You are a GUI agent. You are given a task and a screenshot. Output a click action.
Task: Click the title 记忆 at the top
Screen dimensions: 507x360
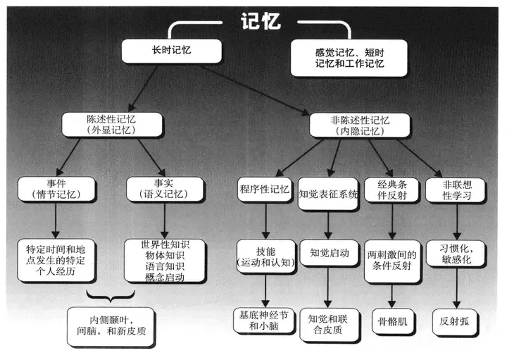[261, 21]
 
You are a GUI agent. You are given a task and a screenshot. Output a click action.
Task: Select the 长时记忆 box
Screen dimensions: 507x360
[172, 51]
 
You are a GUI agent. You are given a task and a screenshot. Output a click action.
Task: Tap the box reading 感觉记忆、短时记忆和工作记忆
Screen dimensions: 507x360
[349, 58]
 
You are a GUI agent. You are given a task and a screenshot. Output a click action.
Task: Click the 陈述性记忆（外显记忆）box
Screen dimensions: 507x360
[112, 125]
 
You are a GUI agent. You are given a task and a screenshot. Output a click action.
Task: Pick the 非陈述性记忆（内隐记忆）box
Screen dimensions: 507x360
[360, 125]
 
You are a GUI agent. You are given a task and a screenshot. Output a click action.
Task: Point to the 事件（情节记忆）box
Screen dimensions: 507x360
[56, 190]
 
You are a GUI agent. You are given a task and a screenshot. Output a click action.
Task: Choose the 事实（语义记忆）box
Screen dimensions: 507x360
[165, 190]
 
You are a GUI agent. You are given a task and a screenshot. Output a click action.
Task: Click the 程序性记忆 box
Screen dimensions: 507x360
[265, 190]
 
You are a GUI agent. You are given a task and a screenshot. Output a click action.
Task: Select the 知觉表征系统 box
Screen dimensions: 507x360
[328, 194]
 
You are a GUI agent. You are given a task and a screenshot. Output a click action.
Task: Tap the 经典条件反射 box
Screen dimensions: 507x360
[392, 190]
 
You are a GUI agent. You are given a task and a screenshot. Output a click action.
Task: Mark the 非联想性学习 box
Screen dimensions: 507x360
[456, 190]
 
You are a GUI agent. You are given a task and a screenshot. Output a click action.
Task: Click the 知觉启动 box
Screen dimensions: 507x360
[330, 253]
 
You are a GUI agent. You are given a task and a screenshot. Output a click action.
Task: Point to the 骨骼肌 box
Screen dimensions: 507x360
[393, 322]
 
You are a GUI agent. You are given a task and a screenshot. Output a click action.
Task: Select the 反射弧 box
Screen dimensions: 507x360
[455, 322]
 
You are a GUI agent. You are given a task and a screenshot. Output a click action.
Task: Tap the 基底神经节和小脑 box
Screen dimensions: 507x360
[264, 321]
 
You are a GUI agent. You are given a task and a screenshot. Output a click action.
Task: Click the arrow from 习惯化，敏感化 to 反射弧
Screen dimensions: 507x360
[456, 287]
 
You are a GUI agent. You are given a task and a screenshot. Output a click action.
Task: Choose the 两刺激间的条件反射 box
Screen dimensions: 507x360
[392, 261]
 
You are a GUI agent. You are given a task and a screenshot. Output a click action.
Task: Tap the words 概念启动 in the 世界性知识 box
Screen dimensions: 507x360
[165, 278]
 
